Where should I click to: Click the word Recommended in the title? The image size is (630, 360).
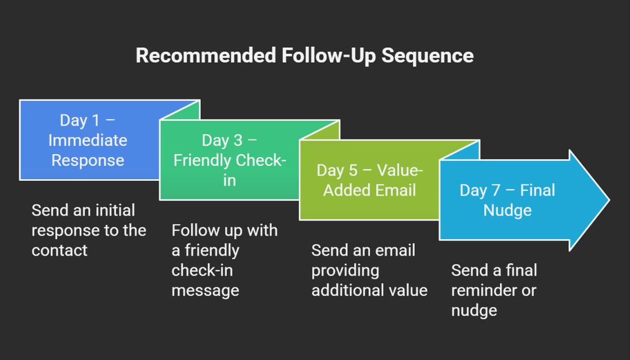coord(205,56)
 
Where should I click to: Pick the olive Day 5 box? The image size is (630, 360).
coord(327,204)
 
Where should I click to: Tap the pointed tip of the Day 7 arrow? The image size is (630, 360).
coord(607,200)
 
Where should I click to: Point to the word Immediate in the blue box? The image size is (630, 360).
coord(87,141)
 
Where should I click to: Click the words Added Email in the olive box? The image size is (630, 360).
coord(370,190)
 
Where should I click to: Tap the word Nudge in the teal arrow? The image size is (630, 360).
coord(507,210)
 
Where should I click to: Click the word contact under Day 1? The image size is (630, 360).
coord(59,250)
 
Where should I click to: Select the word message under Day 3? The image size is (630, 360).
coord(205,290)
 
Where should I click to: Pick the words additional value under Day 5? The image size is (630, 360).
coord(369,290)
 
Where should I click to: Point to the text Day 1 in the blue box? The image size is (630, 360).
coord(80,121)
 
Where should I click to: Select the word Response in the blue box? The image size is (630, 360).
coord(87,160)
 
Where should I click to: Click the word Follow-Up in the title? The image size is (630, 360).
coord(328,56)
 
